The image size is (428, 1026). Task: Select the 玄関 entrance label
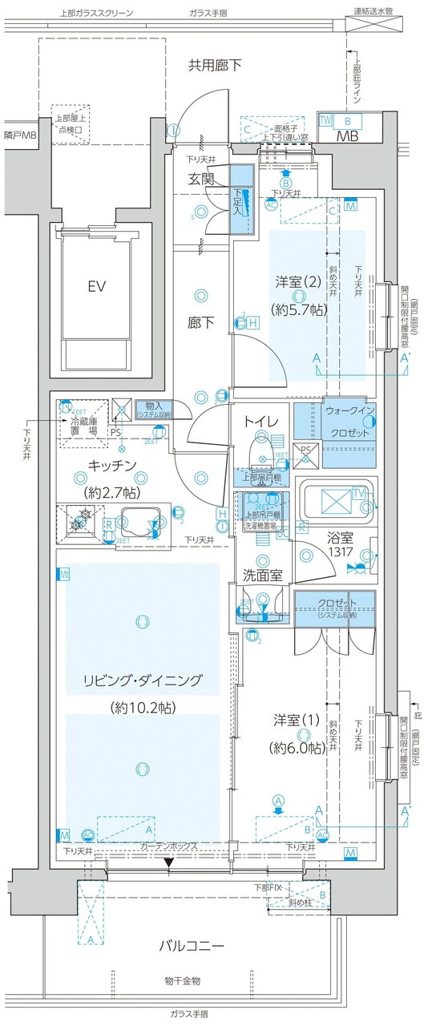click(201, 179)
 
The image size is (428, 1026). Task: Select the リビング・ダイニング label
click(142, 683)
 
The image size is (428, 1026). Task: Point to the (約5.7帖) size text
click(297, 309)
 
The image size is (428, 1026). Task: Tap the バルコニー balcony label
click(191, 946)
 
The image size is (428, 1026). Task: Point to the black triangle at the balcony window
click(168, 862)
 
